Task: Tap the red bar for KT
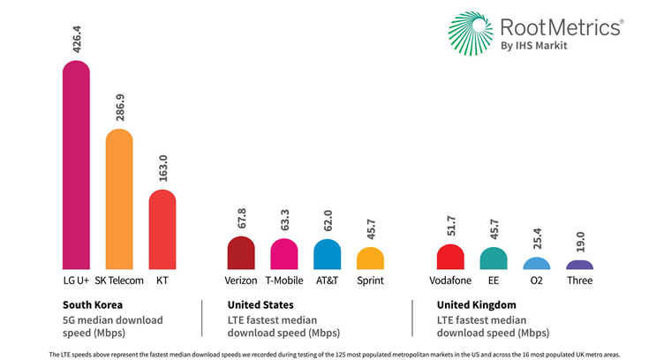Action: click(x=162, y=229)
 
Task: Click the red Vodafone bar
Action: click(x=450, y=257)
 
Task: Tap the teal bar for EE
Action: click(x=494, y=259)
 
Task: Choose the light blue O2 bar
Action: click(x=536, y=264)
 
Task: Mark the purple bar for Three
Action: click(x=579, y=265)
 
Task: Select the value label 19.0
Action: click(x=580, y=240)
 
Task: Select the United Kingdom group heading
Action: click(x=477, y=304)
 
